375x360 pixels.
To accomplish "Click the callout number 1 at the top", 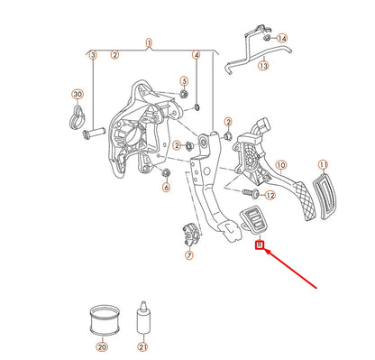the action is [149, 42].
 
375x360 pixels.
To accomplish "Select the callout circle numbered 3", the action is [93, 55].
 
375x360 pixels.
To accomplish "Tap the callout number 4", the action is [196, 55].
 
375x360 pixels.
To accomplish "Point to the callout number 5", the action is [184, 81].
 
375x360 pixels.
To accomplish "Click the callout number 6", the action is [166, 188].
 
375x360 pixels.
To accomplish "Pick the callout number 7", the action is [188, 255].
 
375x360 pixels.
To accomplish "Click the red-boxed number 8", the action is [260, 245].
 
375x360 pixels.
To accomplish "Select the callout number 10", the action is [281, 165].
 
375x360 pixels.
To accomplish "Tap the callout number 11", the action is [323, 165].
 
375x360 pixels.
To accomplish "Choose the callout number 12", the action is [270, 196].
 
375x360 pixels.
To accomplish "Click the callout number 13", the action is [263, 65].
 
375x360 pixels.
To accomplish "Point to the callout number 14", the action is [282, 39].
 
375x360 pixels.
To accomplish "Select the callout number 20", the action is [102, 347].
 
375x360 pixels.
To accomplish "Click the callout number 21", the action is [142, 347].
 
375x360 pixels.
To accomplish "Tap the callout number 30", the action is [78, 94].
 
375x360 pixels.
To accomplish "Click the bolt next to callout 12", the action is [252, 193].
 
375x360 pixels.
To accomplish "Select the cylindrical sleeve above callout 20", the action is [105, 320].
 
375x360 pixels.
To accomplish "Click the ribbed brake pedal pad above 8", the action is [252, 219].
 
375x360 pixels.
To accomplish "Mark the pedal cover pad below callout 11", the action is [325, 196].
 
